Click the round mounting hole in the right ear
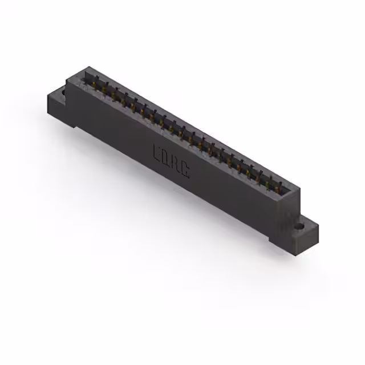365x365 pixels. click(299, 226)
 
